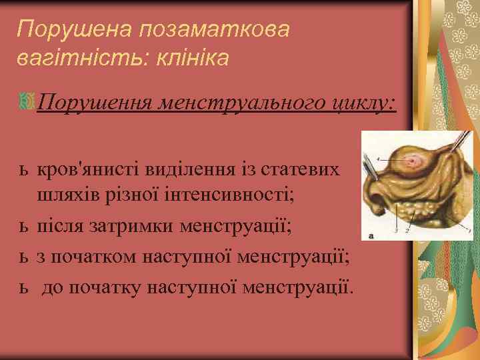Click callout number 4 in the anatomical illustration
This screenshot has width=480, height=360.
[377, 159]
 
